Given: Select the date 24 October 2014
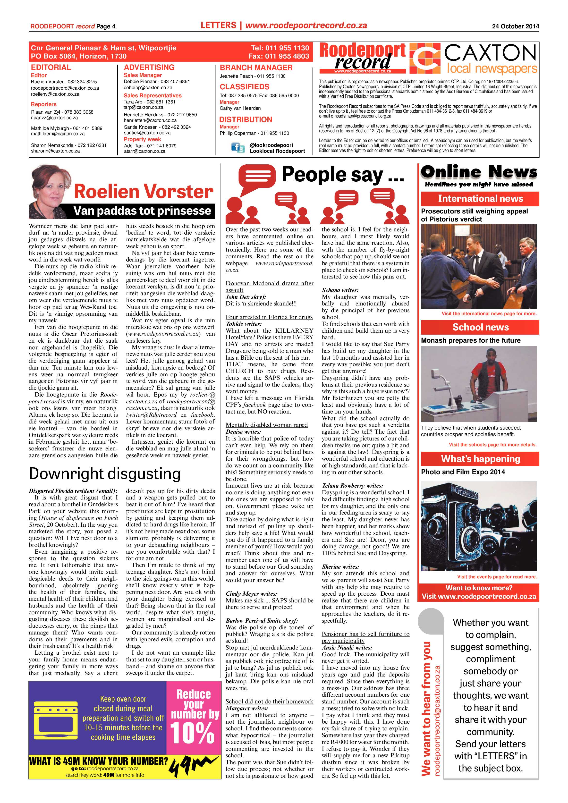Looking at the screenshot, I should (x=515, y=26).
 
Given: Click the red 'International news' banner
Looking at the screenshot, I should (x=480, y=199).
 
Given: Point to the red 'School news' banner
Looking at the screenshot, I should (x=480, y=327).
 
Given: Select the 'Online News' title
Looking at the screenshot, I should (x=479, y=172).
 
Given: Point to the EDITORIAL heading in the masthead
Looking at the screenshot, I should (x=51, y=67).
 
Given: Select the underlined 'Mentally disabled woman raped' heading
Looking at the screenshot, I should (x=266, y=425).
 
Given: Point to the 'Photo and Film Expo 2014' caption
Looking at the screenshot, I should (x=463, y=472).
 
